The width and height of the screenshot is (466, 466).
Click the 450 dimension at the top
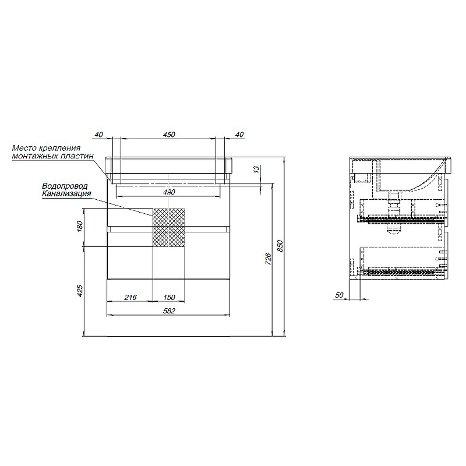pos(169,135)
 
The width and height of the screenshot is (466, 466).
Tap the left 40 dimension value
pos(98,135)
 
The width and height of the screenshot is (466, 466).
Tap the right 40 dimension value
pos(239,135)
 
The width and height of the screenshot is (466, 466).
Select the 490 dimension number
pos(169,192)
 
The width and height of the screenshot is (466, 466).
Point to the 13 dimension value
pos(256,170)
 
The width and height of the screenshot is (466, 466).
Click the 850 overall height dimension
pos(280,246)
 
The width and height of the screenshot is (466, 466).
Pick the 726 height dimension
pos(268,259)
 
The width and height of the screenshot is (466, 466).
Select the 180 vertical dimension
pos(80,227)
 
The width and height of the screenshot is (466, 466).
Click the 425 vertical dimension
pos(80,291)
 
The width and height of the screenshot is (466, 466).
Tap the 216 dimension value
pos(130,297)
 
